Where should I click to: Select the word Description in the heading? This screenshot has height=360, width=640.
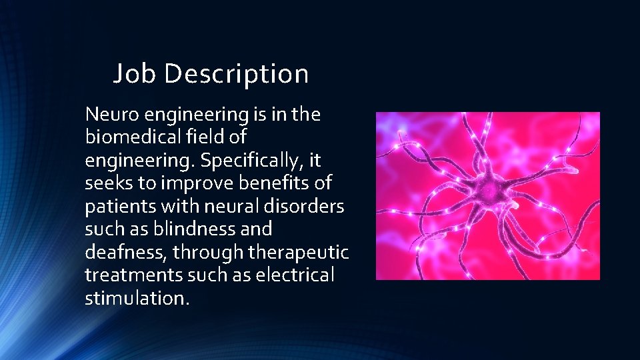236,74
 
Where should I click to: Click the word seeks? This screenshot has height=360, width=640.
108,183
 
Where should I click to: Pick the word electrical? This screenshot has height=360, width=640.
297,275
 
